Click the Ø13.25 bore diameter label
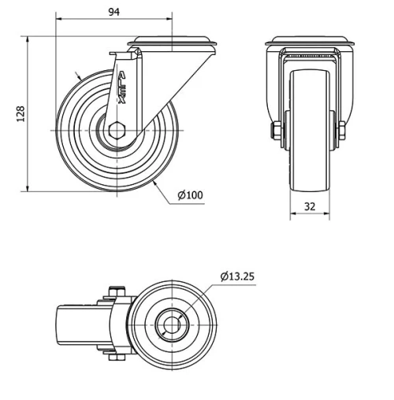coord(237,276)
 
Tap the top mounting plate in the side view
coord(173,39)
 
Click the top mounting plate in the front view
coord(309,40)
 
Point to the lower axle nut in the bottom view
coord(117,357)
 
